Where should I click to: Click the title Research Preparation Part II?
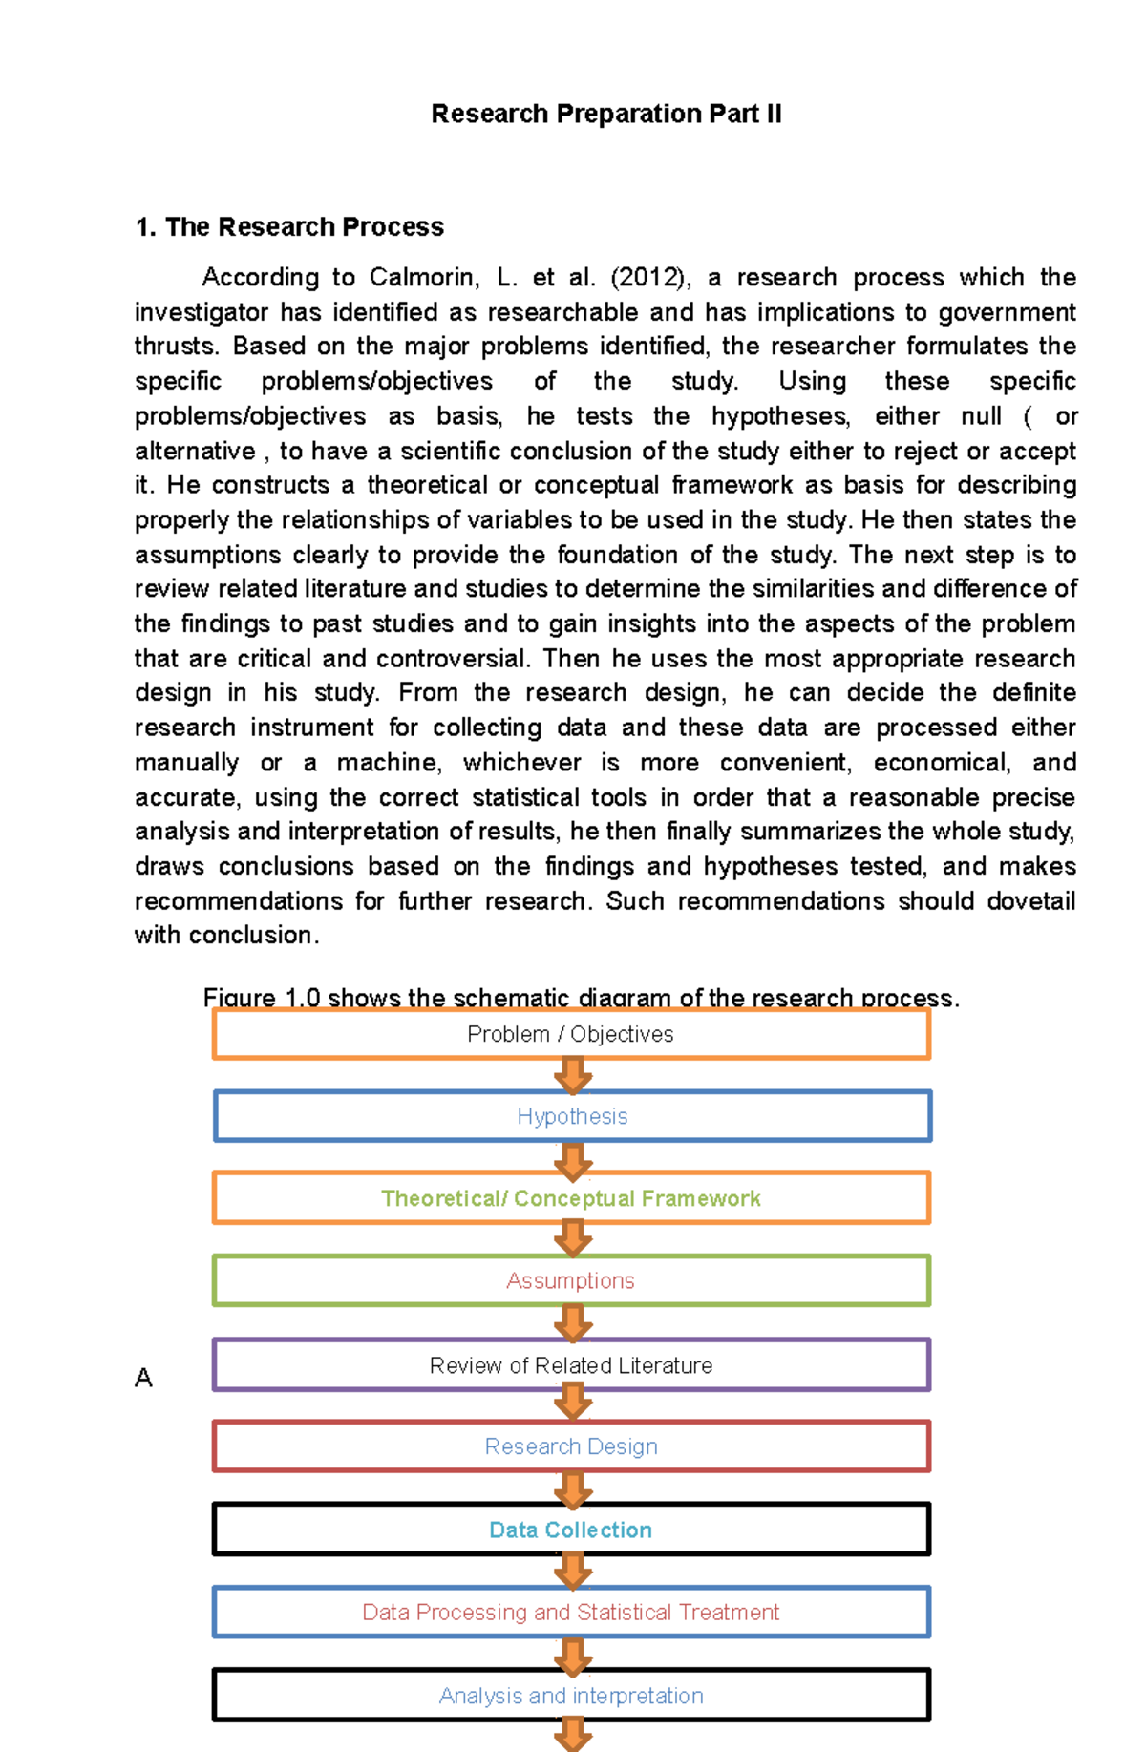[x=606, y=114]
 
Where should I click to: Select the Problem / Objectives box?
[x=571, y=1035]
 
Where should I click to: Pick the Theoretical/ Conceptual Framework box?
[x=571, y=1199]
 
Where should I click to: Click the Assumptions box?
[x=571, y=1281]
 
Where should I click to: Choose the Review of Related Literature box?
[x=571, y=1366]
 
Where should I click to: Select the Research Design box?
[x=571, y=1447]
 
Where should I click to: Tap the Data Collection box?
[x=571, y=1530]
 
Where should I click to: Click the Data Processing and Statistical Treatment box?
[x=571, y=1613]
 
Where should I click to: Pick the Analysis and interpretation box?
[x=571, y=1697]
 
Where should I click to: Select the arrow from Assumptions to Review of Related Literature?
[x=573, y=1323]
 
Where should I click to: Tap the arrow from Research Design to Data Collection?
[x=573, y=1489]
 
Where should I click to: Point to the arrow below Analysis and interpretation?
[x=573, y=1733]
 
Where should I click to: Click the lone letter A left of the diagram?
[x=143, y=1378]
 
